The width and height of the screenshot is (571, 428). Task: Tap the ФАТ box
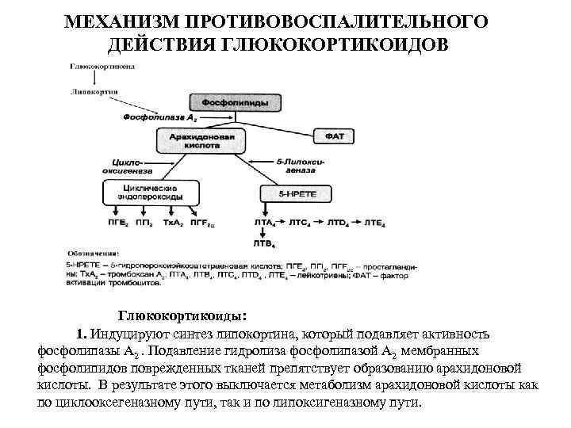tap(333, 137)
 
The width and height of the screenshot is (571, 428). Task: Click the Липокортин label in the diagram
tap(94, 92)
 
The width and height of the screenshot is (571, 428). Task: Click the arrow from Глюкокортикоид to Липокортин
tap(95, 79)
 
